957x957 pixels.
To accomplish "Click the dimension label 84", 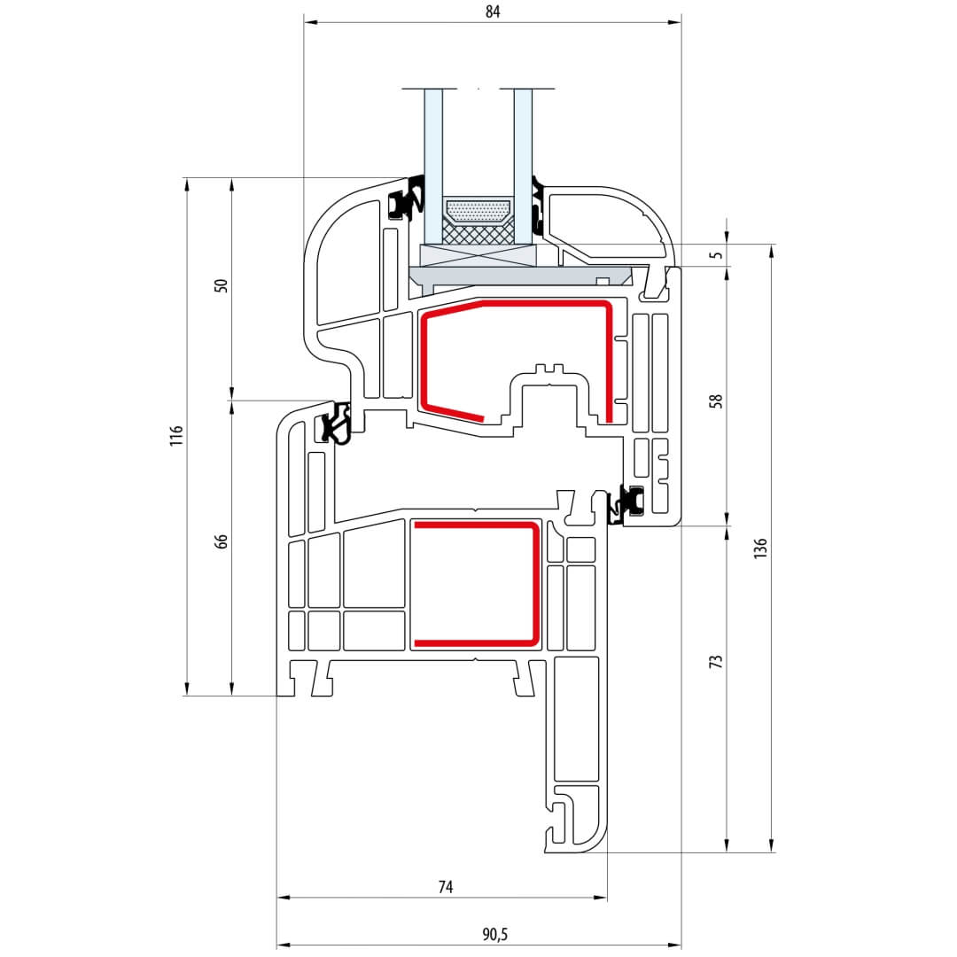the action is [493, 12].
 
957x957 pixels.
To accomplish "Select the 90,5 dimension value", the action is [495, 935].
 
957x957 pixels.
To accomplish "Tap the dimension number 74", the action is [446, 887].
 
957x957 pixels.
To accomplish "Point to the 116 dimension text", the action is [176, 436].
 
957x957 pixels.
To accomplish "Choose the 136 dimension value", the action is [760, 549].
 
